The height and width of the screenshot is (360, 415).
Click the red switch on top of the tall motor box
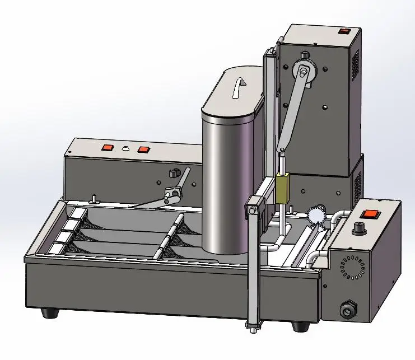coord(339,32)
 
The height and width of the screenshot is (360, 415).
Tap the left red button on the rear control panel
coord(106,148)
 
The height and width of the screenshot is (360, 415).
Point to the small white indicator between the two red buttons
coord(125,149)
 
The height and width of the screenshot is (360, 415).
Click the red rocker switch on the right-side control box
coord(370,214)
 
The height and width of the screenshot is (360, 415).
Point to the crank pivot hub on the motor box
coord(302,71)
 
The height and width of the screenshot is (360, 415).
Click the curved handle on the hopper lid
coord(241,86)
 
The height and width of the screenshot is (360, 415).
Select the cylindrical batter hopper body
coord(224,185)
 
